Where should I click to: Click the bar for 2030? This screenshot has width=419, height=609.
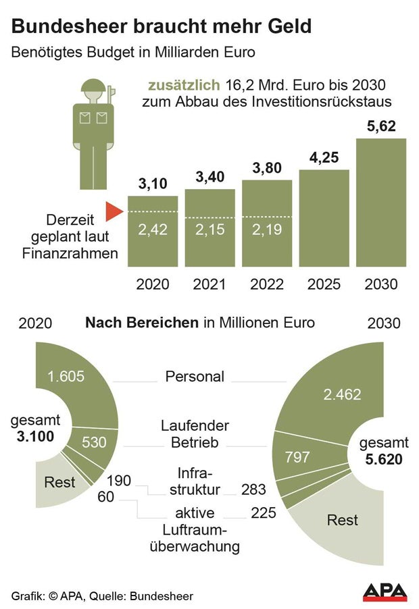(381, 203)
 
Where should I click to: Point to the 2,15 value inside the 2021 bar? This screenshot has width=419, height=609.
(209, 230)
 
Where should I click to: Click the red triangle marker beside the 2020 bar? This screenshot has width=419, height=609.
(113, 213)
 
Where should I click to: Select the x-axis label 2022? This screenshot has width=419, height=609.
(267, 284)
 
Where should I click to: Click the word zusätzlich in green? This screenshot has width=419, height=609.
(184, 85)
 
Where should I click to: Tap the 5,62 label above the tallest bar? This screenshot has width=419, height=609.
(380, 126)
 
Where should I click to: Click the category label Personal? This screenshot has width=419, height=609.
(195, 377)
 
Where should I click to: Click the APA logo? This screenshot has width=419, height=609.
(385, 592)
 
